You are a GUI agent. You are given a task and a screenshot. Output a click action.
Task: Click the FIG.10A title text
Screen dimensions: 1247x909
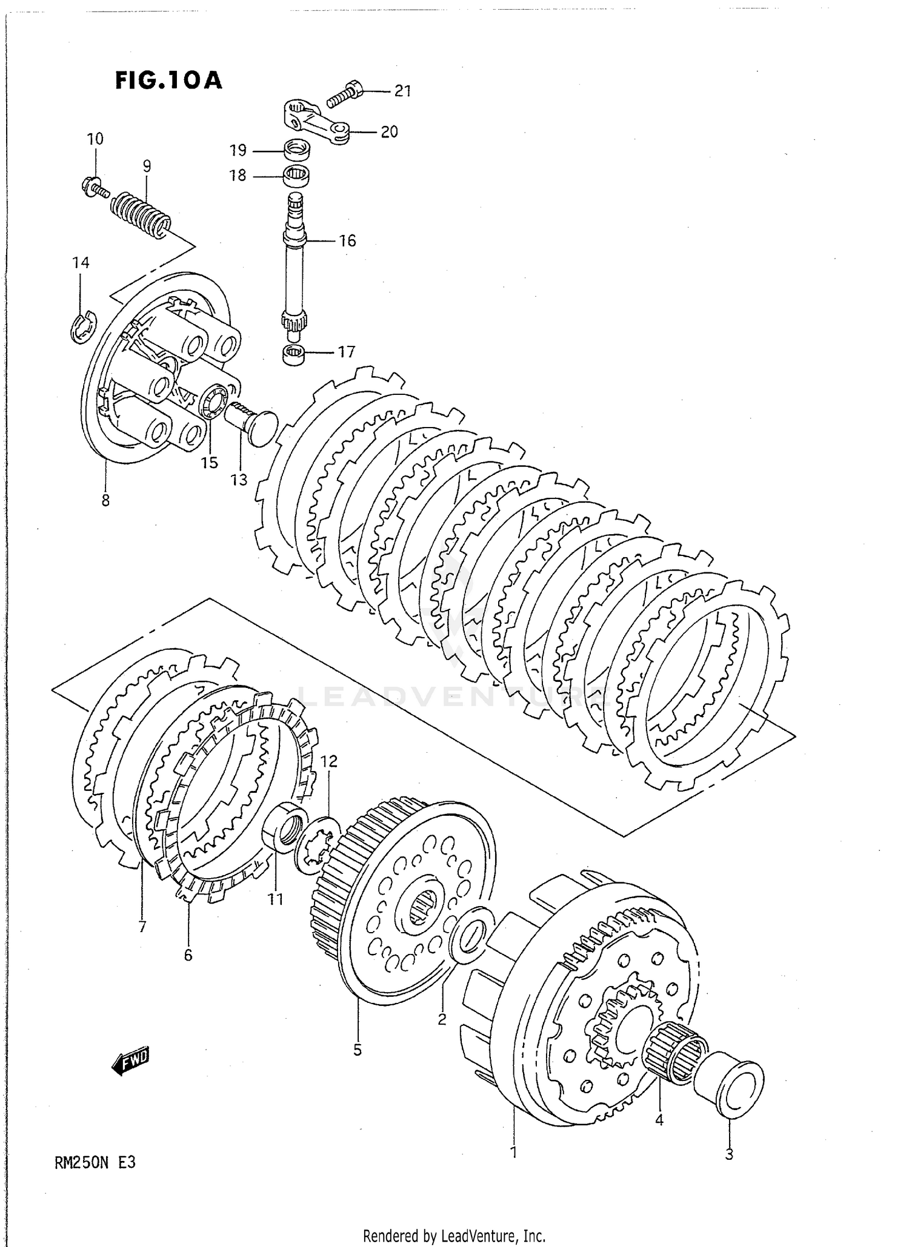168,81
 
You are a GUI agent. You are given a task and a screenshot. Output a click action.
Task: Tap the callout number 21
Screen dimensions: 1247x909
402,91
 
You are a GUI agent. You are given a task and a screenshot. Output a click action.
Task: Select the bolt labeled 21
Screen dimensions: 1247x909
345,93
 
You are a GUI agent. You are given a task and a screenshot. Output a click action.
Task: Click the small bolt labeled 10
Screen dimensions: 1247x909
93,186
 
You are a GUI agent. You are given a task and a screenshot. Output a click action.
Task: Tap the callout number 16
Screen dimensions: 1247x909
347,241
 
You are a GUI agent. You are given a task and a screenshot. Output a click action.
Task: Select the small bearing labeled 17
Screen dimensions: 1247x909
296,354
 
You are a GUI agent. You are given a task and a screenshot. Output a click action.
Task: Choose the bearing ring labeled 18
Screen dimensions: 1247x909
298,176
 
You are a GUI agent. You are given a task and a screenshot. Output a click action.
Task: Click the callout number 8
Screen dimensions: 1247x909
105,500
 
